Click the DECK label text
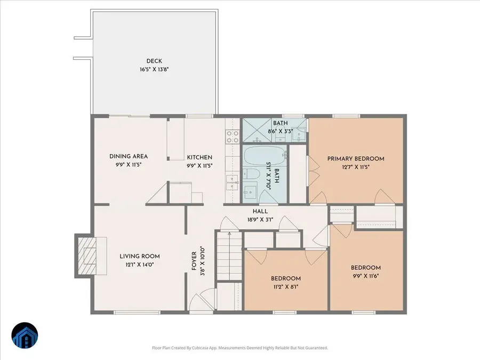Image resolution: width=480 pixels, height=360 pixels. [x=154, y=61]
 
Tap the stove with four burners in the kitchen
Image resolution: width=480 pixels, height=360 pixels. [x=231, y=137]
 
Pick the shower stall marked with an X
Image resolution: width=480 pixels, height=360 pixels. [x=256, y=130]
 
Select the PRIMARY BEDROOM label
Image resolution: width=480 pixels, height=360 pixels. [x=356, y=158]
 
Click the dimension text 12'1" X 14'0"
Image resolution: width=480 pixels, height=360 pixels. [x=139, y=265]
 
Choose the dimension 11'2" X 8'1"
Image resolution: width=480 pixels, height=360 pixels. [x=285, y=286]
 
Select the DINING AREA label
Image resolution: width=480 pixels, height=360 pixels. [x=129, y=156]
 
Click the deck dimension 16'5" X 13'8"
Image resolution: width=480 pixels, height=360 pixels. [x=154, y=69]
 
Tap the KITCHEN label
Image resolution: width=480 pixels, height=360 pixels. [x=199, y=157]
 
